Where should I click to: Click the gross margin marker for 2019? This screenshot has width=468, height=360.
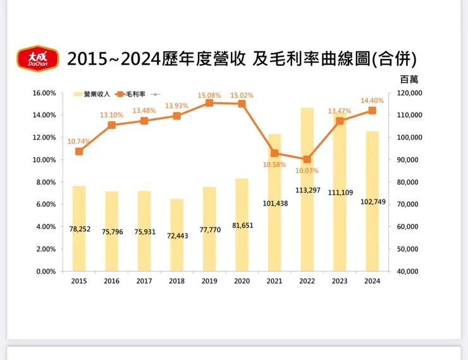click(209, 102)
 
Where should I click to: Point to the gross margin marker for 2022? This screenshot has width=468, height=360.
click(307, 159)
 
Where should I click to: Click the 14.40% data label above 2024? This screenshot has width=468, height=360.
click(372, 100)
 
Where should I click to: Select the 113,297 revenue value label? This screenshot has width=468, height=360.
click(307, 190)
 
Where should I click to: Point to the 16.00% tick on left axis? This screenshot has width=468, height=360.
click(44, 93)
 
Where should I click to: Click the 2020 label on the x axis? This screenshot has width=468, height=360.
click(242, 282)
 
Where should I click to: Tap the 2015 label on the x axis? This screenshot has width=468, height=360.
click(79, 282)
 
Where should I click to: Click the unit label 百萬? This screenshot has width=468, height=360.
click(409, 80)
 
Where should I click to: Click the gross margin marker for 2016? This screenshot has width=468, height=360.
click(112, 125)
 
